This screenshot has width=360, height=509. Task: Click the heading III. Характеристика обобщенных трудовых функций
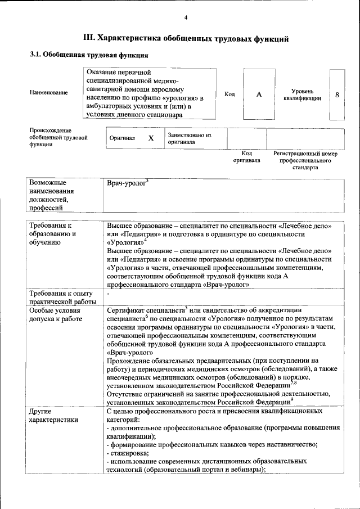point(186,39)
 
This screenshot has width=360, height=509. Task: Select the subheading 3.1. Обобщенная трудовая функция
point(89,56)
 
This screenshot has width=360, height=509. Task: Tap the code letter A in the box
point(259,94)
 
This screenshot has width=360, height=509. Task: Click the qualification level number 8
point(337,94)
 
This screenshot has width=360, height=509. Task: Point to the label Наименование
point(49,93)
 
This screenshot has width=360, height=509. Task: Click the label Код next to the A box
point(229,94)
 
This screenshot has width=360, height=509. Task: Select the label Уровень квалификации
point(303,94)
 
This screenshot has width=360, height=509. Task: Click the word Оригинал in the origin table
point(122,138)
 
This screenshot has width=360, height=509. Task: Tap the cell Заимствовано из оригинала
point(189,138)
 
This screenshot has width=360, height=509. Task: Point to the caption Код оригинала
point(246,156)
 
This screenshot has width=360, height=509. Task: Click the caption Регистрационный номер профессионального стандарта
point(305,160)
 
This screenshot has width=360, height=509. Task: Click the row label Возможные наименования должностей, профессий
point(52,195)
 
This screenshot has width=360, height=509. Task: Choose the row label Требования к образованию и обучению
point(52,233)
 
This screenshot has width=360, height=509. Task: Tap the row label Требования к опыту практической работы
point(60,298)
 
